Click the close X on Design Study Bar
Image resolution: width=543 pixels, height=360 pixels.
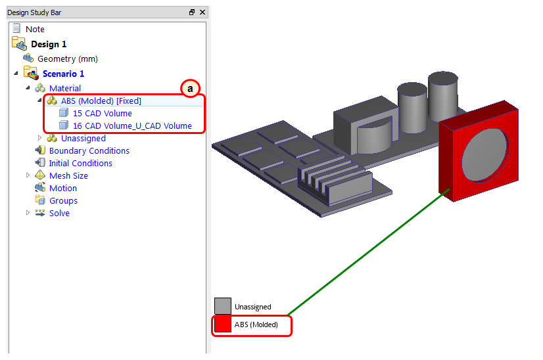[x=202, y=12]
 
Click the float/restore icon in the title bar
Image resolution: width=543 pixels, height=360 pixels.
[x=192, y=12]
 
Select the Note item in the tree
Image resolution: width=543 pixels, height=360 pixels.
[x=35, y=29]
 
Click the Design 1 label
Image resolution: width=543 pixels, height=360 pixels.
[x=49, y=44]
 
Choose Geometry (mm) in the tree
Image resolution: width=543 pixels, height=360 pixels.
[x=68, y=59]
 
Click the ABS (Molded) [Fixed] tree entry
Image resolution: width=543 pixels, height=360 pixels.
[x=101, y=101]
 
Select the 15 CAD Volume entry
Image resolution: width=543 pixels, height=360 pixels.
[x=103, y=113]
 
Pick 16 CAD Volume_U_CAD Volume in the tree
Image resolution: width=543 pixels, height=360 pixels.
[x=132, y=125]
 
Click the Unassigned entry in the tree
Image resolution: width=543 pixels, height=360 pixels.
[x=83, y=138]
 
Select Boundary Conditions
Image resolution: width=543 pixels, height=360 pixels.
[x=89, y=150]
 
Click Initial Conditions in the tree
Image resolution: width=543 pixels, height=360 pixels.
[x=81, y=163]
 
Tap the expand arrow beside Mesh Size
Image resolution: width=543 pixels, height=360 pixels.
[x=28, y=175]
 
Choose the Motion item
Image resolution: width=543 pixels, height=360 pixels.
[x=63, y=188]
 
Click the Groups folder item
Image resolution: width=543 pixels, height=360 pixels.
[x=63, y=201]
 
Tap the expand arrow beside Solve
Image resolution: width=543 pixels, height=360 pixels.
[x=28, y=213]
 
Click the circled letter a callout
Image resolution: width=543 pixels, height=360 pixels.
[x=190, y=89]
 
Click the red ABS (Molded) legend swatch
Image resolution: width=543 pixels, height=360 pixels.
[x=223, y=325]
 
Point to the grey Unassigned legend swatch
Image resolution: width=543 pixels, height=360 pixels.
[x=223, y=306]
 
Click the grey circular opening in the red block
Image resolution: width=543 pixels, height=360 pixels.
[x=486, y=154]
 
